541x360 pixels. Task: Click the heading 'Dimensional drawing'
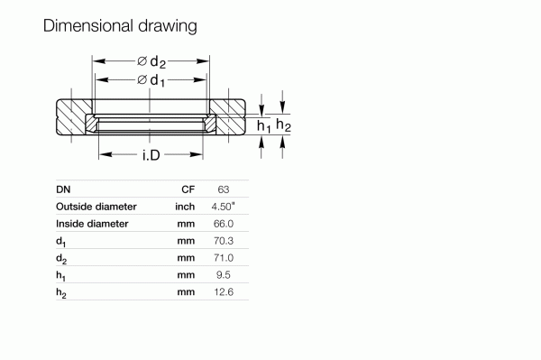pyautogui.click(x=120, y=25)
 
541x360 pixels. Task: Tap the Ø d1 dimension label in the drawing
pyautogui.click(x=151, y=80)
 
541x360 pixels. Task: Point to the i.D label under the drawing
pyautogui.click(x=151, y=156)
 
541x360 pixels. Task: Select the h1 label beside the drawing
pyautogui.click(x=263, y=126)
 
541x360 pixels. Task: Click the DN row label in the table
pyautogui.click(x=63, y=190)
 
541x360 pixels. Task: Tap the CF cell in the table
pyautogui.click(x=188, y=190)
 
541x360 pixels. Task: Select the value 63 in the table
pyautogui.click(x=224, y=190)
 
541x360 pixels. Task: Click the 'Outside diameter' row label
pyautogui.click(x=96, y=207)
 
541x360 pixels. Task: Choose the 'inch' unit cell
pyautogui.click(x=185, y=207)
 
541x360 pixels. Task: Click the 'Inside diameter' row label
pyautogui.click(x=92, y=224)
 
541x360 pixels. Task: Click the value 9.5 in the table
pyautogui.click(x=225, y=274)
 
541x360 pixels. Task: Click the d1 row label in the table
pyautogui.click(x=60, y=242)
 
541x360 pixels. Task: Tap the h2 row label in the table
pyautogui.click(x=60, y=292)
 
